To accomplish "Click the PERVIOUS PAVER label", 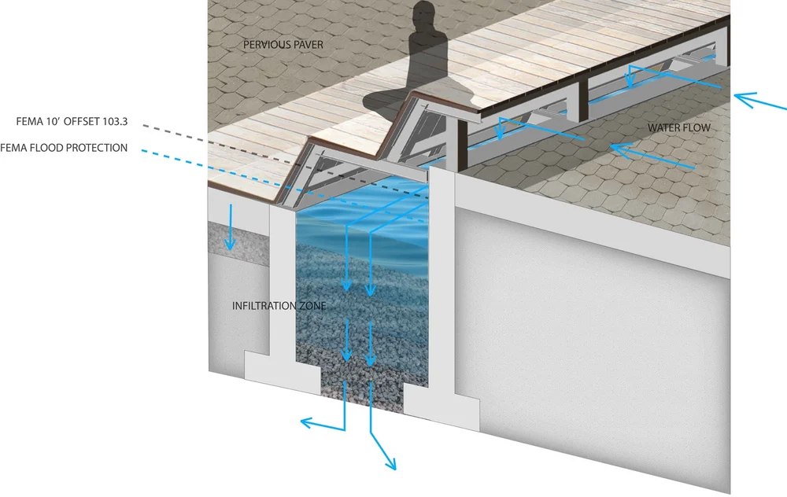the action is (x=283, y=46).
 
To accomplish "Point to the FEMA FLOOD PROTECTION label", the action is (x=64, y=148).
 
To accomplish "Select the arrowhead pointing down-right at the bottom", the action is (x=391, y=466).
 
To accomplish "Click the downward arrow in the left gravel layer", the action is (x=230, y=245).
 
